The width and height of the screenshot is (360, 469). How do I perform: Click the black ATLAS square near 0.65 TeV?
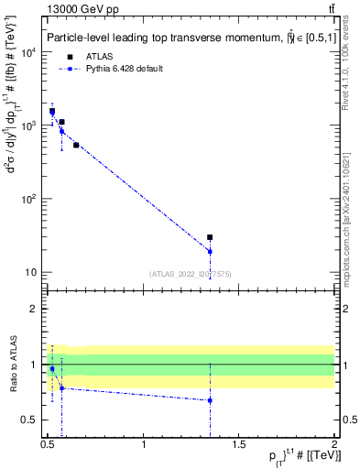[76, 145]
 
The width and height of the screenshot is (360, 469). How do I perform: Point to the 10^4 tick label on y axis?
[28, 52]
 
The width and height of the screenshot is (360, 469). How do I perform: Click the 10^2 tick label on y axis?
[28, 199]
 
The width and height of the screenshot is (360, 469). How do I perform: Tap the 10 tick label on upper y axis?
[31, 272]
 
